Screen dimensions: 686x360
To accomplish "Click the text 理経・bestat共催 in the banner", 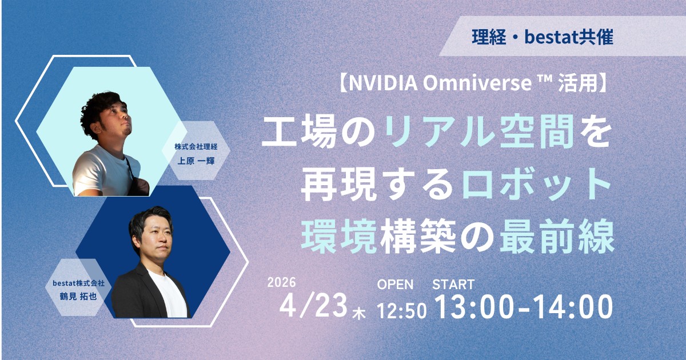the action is click(x=543, y=37).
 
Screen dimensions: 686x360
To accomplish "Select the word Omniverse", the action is click(x=478, y=83).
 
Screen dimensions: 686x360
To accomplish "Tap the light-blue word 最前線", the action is click(x=557, y=239).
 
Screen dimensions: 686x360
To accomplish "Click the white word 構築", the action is click(x=418, y=239).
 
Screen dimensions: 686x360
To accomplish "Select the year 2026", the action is click(x=281, y=282).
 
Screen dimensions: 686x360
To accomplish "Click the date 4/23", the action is click(x=313, y=306).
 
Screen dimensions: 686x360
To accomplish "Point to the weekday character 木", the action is click(x=359, y=314).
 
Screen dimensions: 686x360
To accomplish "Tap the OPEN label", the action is click(x=395, y=285).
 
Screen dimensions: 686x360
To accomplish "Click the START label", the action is click(x=453, y=285).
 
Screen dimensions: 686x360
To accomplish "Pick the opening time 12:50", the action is click(x=401, y=311).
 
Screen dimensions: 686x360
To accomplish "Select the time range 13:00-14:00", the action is click(x=524, y=306).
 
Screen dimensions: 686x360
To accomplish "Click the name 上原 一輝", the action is click(x=196, y=161).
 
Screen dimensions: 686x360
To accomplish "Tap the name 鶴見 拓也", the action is click(x=78, y=297).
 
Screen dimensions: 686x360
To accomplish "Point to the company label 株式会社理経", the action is click(x=196, y=147).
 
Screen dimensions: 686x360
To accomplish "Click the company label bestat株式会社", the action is click(x=79, y=283).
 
